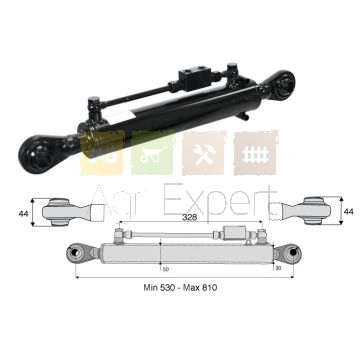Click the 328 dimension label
point(190,217)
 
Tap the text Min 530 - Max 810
point(180,287)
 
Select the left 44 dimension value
point(23,214)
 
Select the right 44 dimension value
point(349,211)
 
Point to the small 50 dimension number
point(165,269)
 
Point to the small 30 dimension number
point(279,268)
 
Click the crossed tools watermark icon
point(204,154)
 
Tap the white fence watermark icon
point(256,154)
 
